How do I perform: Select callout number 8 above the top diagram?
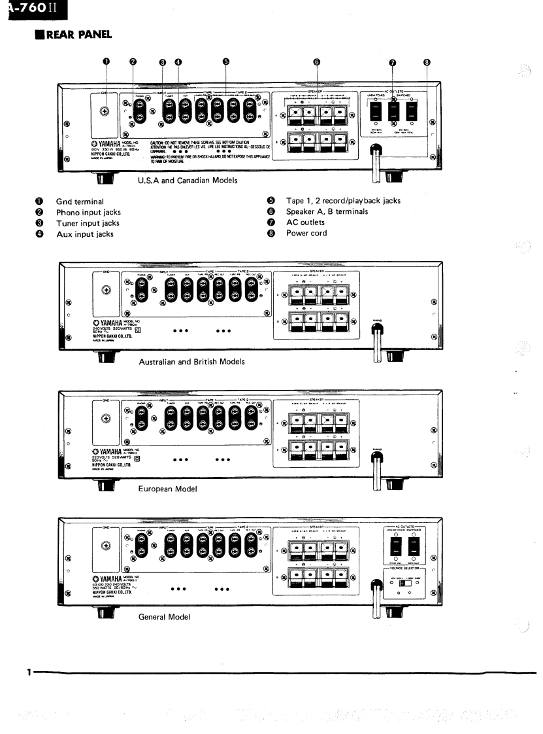[x=427, y=63]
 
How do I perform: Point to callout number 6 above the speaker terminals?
[x=317, y=63]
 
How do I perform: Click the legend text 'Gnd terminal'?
[x=80, y=201]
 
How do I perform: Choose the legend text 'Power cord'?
[x=305, y=233]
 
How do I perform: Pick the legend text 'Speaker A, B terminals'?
[x=327, y=212]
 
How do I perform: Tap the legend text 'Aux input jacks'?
[x=84, y=234]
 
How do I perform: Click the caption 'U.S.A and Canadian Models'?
[x=188, y=181]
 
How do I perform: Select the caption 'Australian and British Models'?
[x=191, y=361]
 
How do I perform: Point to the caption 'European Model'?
[x=168, y=489]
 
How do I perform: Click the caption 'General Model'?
[x=164, y=616]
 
